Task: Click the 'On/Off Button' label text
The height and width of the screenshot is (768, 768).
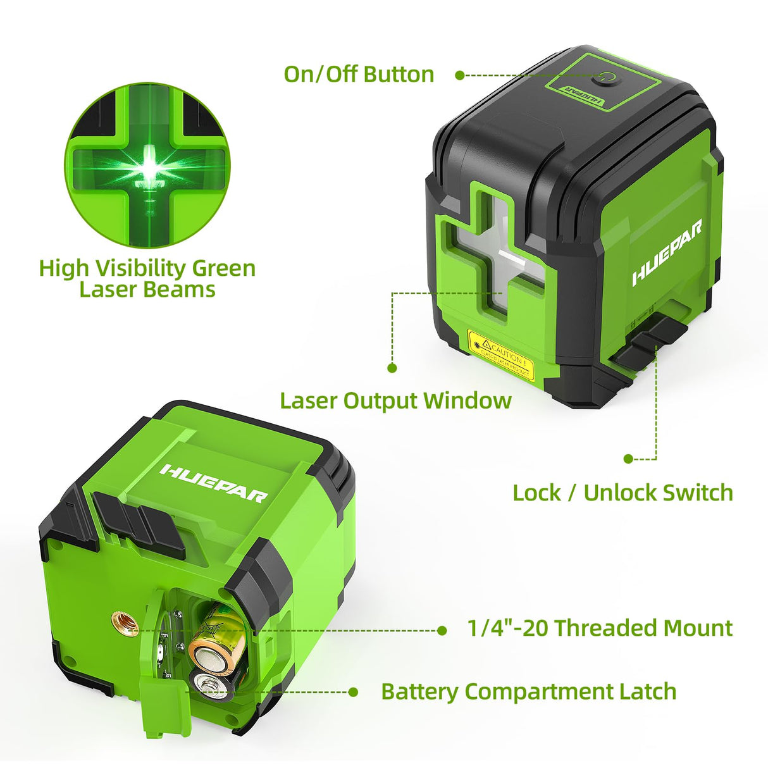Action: [x=359, y=74]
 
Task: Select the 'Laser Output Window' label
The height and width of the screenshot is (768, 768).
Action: [x=395, y=400]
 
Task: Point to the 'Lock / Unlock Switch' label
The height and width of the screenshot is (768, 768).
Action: [x=622, y=492]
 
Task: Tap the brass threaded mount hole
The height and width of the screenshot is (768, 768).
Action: [x=125, y=624]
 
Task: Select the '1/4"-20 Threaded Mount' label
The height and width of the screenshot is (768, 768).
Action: [x=599, y=628]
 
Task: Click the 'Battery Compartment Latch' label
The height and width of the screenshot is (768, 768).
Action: [x=528, y=691]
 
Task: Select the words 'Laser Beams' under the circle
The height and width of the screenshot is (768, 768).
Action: [x=147, y=290]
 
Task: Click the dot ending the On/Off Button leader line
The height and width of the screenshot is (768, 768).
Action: [x=460, y=75]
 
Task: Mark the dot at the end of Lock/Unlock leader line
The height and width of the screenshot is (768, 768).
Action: [x=628, y=459]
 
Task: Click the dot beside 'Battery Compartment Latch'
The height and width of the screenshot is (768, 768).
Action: [x=354, y=692]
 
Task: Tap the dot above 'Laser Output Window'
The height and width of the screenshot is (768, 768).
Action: [x=392, y=367]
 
